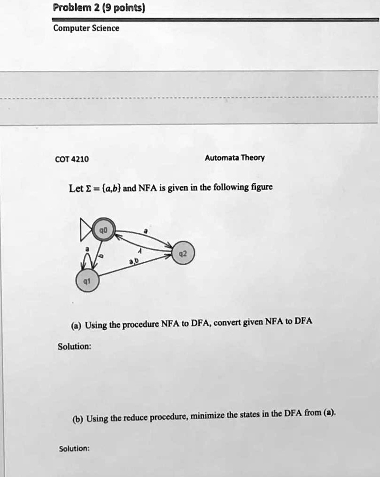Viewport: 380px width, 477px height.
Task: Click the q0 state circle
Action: click(x=103, y=229)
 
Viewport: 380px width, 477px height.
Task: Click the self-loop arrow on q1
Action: click(x=87, y=260)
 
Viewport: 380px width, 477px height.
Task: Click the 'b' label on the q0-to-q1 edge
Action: click(x=100, y=256)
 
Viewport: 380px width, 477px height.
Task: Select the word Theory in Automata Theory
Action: click(x=255, y=157)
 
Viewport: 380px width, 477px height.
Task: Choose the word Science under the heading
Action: click(x=106, y=28)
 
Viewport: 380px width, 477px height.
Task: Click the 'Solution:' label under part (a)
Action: click(x=74, y=346)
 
